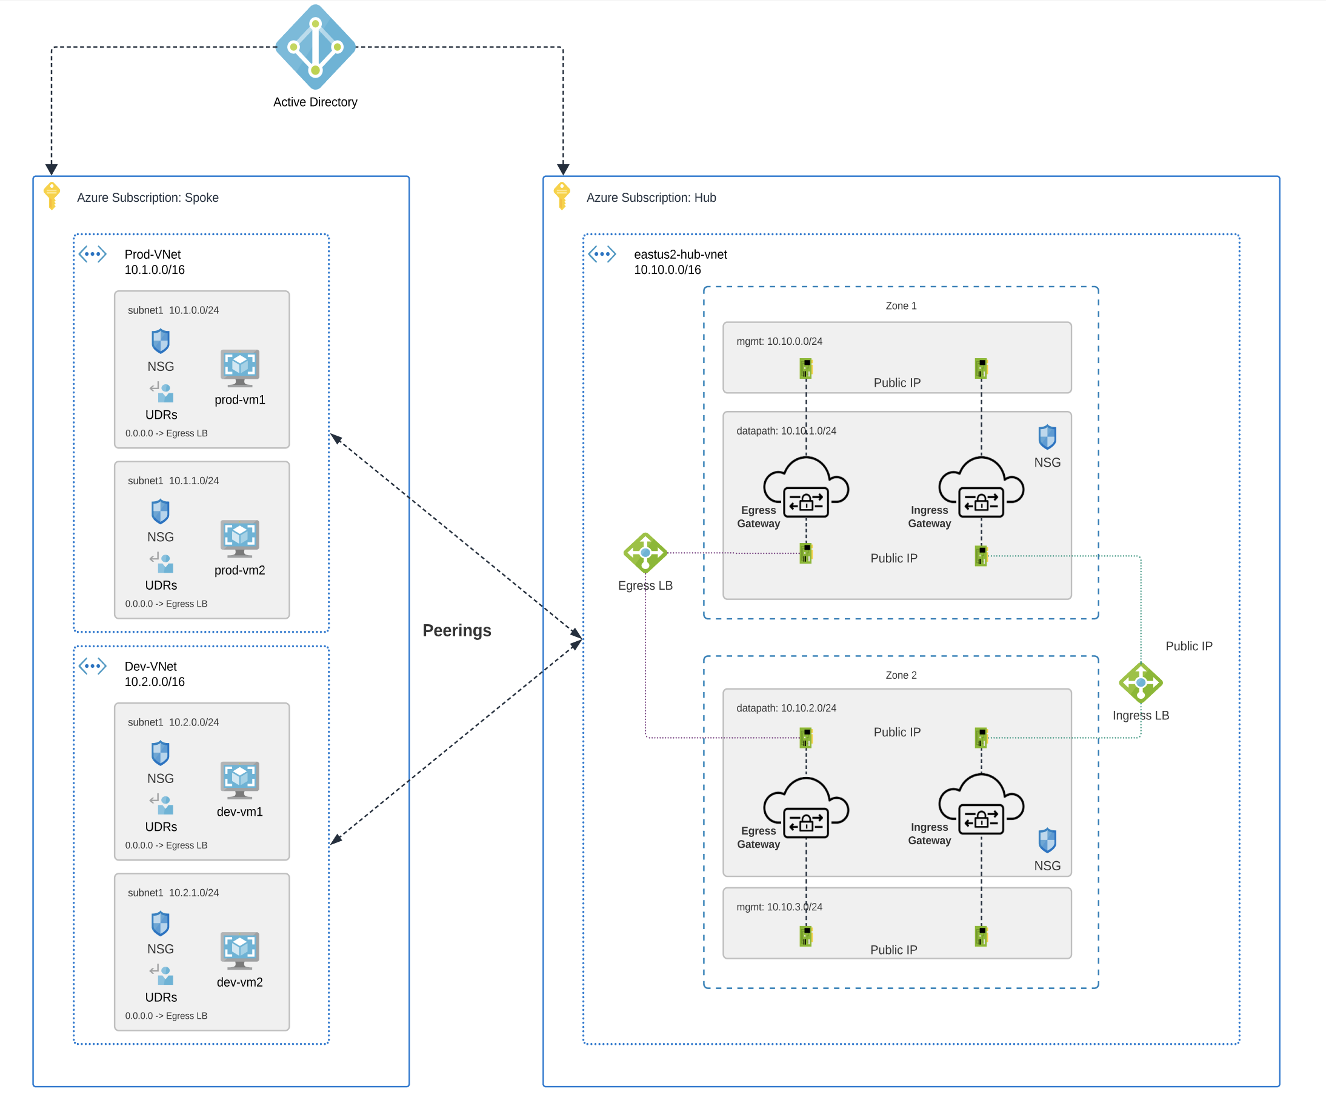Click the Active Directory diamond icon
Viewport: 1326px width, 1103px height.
pos(315,47)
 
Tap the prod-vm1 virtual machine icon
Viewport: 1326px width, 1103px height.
pos(239,367)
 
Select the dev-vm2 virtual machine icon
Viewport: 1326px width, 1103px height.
pos(239,950)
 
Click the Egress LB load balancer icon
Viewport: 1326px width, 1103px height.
pos(645,553)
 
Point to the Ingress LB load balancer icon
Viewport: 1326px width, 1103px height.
pos(1140,682)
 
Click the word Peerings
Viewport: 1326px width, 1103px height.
pos(456,630)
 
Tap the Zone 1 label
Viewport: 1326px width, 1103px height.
pos(901,305)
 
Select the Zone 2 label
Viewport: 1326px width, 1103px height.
pos(901,675)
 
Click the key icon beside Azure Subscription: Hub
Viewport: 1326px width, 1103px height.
pos(561,196)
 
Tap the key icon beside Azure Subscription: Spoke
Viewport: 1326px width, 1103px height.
pos(52,196)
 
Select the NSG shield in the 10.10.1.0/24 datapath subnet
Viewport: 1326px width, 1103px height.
pos(1047,437)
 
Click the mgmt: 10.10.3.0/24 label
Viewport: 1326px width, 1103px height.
pos(779,907)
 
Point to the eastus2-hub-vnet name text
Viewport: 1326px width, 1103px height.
pos(680,255)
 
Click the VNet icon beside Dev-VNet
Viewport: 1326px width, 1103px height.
pos(93,666)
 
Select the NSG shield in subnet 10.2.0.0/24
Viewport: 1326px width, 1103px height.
pos(161,753)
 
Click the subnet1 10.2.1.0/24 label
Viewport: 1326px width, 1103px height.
pos(173,893)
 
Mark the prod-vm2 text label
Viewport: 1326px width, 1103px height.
pos(239,570)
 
